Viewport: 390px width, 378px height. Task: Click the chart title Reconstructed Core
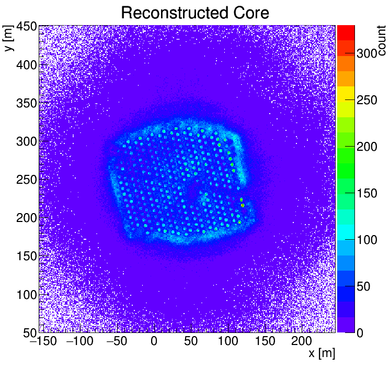click(194, 13)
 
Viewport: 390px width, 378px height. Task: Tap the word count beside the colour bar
click(383, 39)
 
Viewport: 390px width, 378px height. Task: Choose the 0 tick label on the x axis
click(154, 341)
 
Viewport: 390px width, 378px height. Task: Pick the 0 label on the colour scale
click(361, 333)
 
